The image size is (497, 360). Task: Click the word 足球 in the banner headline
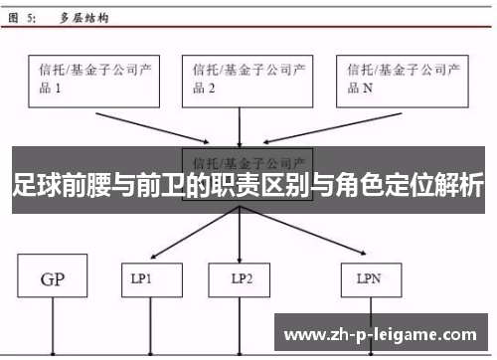click(x=36, y=185)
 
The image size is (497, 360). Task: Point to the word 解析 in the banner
click(x=460, y=185)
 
